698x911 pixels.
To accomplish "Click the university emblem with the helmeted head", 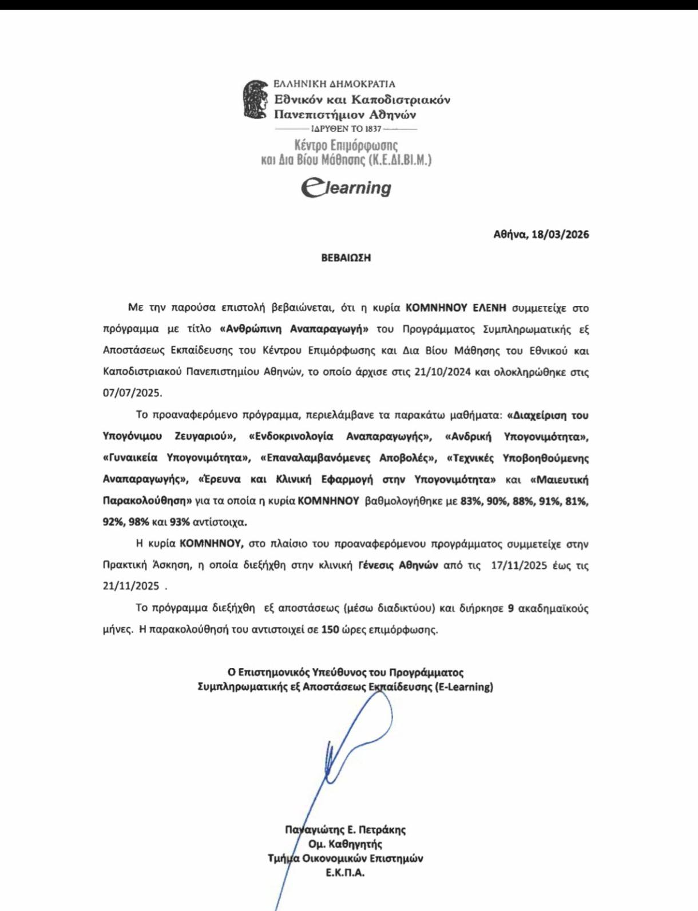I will pos(255,100).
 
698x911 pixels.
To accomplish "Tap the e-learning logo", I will pos(346,188).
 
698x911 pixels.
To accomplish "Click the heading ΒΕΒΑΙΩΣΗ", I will pos(346,258).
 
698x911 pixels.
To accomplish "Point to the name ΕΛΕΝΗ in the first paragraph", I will pos(489,308).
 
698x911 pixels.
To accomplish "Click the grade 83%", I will pos(471,501).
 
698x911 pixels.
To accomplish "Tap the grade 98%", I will pos(139,522).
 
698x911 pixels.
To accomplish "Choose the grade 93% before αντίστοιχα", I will pos(180,522).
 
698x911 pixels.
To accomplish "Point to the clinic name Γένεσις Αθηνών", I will pos(398,565).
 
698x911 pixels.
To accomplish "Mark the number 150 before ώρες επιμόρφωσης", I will pos(330,630).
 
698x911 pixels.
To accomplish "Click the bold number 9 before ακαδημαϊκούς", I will pos(510,608).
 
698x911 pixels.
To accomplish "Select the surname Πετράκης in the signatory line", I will pos(382,830).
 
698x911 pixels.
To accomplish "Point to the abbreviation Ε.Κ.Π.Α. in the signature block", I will pos(345,873).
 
